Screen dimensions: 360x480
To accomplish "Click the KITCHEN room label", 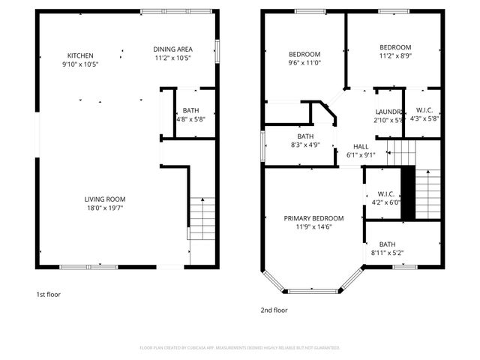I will coord(80,55).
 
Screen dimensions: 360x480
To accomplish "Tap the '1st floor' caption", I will coord(48,295).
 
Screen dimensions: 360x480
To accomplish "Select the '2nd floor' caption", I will coord(274,310).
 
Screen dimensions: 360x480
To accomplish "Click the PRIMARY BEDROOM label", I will coord(313,218).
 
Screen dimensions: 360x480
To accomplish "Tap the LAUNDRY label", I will coord(389,112).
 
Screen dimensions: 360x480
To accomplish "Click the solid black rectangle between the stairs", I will coord(409,193).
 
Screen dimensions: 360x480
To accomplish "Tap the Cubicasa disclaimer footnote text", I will coord(240,348).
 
